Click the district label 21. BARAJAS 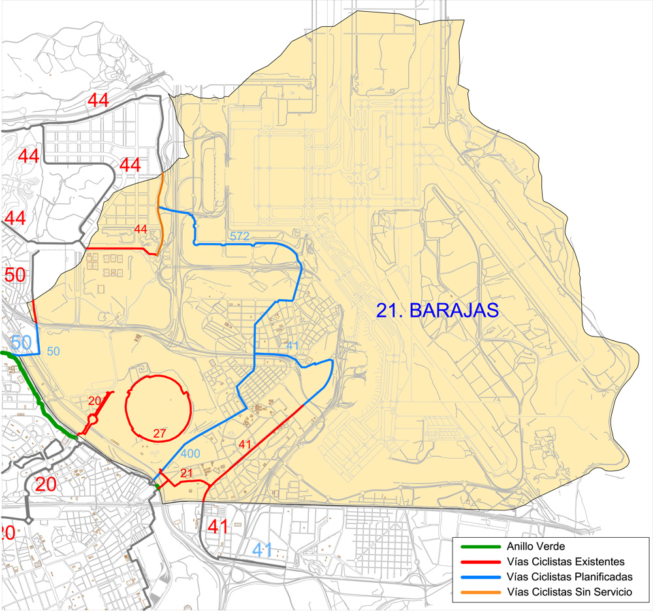click(x=437, y=310)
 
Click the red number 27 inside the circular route click(x=160, y=433)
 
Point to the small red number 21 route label click(x=186, y=473)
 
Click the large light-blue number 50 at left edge click(x=20, y=342)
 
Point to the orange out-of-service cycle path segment click(x=160, y=196)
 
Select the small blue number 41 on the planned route click(x=293, y=345)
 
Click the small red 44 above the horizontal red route click(x=140, y=229)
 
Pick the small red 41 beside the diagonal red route click(x=245, y=444)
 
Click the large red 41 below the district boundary click(x=217, y=526)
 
